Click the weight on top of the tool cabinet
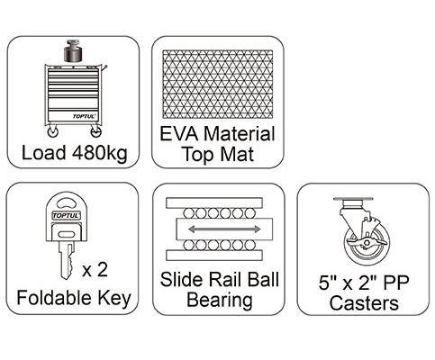pyautogui.click(x=73, y=50)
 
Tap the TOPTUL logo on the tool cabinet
pyautogui.click(x=84, y=116)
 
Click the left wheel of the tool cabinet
pyautogui.click(x=53, y=131)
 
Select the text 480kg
pyautogui.click(x=100, y=153)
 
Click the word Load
pyautogui.click(x=44, y=152)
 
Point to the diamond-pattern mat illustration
pyautogui.click(x=218, y=84)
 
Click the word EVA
pyautogui.click(x=179, y=134)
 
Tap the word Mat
pyautogui.click(x=237, y=154)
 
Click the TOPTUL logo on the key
pyautogui.click(x=66, y=215)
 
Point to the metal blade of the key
pyautogui.click(x=67, y=260)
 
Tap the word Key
pyautogui.click(x=114, y=299)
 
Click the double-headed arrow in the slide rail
pyautogui.click(x=224, y=229)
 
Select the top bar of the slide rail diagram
pyautogui.click(x=214, y=202)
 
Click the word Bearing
pyautogui.click(x=220, y=301)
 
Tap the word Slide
pyautogui.click(x=181, y=280)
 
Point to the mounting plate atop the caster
pyautogui.click(x=353, y=200)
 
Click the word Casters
pyautogui.click(x=364, y=303)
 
